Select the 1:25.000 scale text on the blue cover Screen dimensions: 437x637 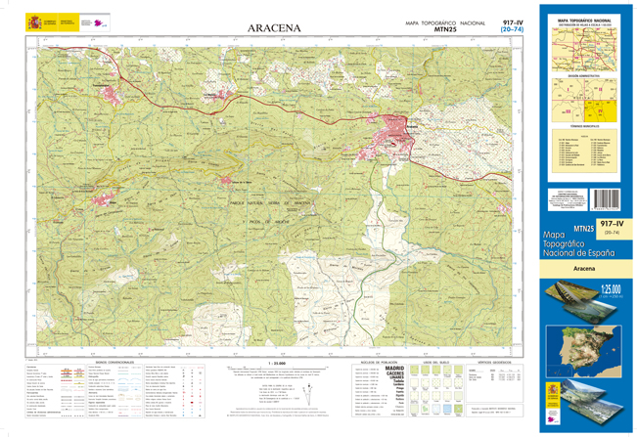pyautogui.click(x=612, y=289)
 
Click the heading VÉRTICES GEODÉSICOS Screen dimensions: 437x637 pyautogui.click(x=493, y=362)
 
